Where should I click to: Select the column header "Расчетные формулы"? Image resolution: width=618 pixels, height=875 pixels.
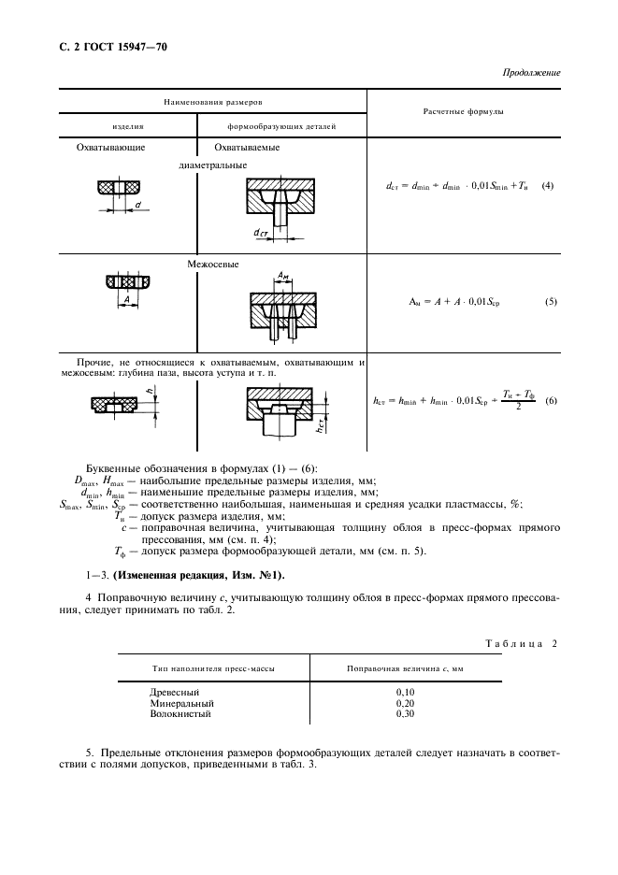coord(466,111)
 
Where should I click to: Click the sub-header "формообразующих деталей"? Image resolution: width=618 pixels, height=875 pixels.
coord(281,125)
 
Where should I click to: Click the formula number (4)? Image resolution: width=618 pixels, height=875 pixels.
coord(547,185)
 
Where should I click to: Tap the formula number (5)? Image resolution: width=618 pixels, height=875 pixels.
coord(550,302)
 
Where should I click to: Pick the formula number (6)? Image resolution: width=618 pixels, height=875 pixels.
coord(551,400)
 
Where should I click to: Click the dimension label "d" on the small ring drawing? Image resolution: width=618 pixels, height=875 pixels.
coord(137,203)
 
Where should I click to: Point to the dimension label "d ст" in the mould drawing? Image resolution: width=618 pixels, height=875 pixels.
coord(262,231)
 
